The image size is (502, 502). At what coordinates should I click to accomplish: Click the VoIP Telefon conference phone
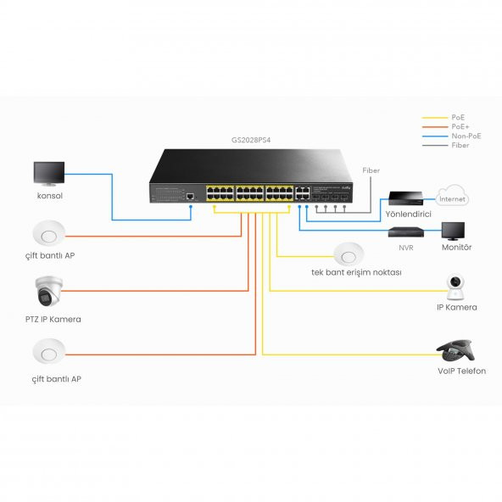(459, 350)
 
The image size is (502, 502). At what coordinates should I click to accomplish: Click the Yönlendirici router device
(405, 198)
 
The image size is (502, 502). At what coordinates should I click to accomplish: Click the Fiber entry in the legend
(459, 146)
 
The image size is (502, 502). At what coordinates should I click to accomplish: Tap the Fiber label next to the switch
(371, 170)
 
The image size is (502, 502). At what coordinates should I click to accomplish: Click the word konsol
(50, 196)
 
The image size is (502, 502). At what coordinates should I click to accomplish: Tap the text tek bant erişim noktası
(356, 273)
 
